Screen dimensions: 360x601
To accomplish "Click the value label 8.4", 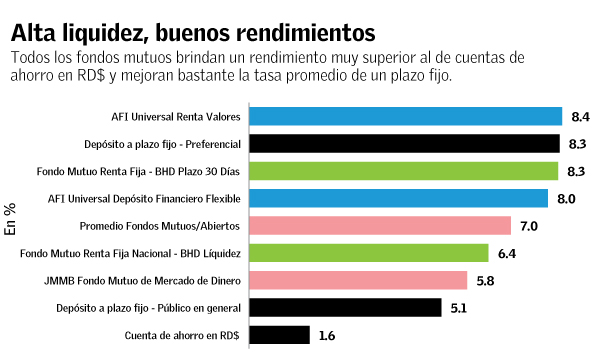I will pos(580,117).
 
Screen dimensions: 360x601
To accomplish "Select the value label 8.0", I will pos(566,199).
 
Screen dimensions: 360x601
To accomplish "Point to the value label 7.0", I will pos(529,227).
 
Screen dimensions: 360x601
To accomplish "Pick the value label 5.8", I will pos(485,282).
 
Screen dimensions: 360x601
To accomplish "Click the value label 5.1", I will pos(459,309).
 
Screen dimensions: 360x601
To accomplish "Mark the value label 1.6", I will pos(326,336).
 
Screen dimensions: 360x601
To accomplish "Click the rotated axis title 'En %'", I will pos(11,217).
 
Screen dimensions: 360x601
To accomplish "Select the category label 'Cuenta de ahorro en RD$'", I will pos(180,336).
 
